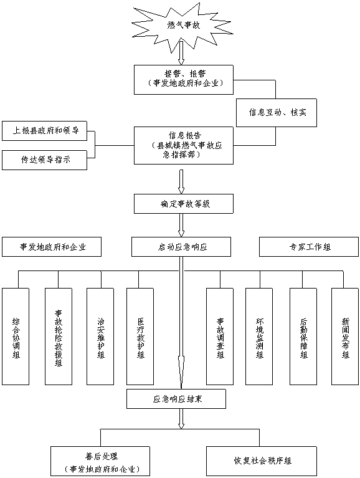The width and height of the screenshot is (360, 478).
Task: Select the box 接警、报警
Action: [184, 80]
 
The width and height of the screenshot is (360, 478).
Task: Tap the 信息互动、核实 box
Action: [277, 113]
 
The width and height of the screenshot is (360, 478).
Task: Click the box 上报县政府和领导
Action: [44, 131]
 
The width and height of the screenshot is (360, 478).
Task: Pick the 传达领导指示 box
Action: [44, 160]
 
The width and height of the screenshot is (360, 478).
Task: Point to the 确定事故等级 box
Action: [184, 204]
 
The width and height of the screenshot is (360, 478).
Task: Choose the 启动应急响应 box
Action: [181, 247]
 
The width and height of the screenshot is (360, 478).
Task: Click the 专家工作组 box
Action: [309, 247]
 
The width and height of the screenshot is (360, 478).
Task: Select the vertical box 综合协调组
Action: [16, 337]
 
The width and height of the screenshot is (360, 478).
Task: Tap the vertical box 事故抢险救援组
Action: [59, 337]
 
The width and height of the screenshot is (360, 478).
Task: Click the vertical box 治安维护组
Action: [100, 337]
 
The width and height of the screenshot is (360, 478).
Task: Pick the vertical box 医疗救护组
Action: [140, 337]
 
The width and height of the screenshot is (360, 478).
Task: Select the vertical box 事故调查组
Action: [220, 337]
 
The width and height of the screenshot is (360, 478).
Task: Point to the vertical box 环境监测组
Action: [259, 337]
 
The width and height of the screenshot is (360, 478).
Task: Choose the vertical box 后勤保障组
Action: [303, 337]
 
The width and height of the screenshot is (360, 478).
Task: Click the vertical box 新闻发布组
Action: [345, 337]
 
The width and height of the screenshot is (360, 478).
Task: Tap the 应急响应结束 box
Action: [176, 399]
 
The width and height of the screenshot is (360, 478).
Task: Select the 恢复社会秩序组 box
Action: [262, 461]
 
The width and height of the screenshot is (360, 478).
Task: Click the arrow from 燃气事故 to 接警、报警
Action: [181, 53]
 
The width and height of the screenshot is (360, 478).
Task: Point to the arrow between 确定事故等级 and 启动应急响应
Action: [181, 225]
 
